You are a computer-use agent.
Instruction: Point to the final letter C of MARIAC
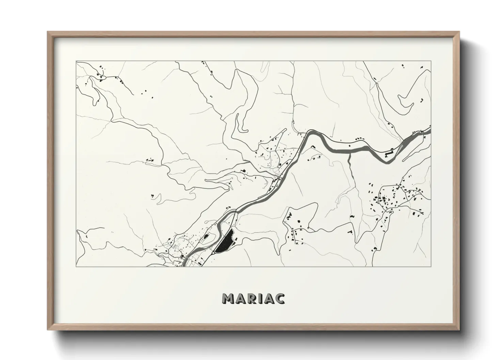(280, 298)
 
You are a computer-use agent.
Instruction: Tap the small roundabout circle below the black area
(213, 253)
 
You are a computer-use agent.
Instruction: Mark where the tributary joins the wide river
(350, 153)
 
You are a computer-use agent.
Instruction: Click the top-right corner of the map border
(431, 61)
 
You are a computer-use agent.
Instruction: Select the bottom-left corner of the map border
(76, 266)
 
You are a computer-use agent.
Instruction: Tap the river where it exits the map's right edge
(430, 130)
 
